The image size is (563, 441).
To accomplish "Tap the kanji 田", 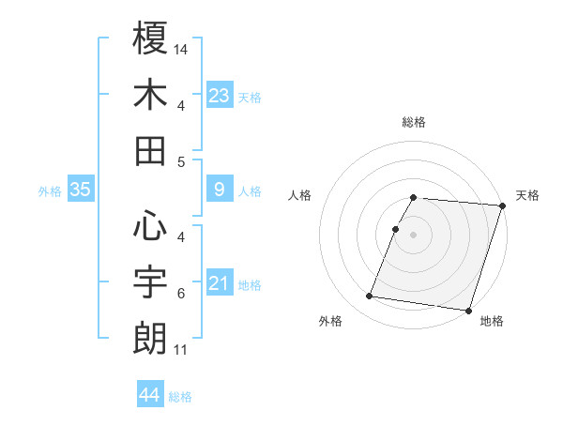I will pyautogui.click(x=150, y=150).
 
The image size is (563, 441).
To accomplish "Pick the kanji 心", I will pyautogui.click(x=150, y=226).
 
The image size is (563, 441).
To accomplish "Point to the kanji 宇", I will pyautogui.click(x=150, y=282).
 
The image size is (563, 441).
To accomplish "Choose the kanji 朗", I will pyautogui.click(x=150, y=339).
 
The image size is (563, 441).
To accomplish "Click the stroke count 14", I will pyautogui.click(x=181, y=48).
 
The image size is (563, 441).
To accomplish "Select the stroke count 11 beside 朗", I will pyautogui.click(x=181, y=350).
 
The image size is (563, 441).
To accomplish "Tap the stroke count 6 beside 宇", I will pyautogui.click(x=181, y=294).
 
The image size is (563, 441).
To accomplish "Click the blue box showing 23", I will pyautogui.click(x=220, y=95).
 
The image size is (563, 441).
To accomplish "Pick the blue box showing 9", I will pyautogui.click(x=220, y=190).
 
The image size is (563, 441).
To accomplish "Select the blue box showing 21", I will pyautogui.click(x=220, y=282).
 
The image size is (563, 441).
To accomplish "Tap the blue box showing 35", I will pyautogui.click(x=81, y=190).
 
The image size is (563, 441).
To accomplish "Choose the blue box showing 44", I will pyautogui.click(x=149, y=395).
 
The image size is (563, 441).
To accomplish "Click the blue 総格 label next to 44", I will pyautogui.click(x=180, y=397).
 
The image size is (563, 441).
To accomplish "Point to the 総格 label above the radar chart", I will pyautogui.click(x=414, y=122).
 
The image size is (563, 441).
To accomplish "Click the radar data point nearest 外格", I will pyautogui.click(x=370, y=297).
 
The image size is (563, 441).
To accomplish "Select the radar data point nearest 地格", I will pyautogui.click(x=468, y=311).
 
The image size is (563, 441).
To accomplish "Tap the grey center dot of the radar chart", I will pyautogui.click(x=414, y=235).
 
